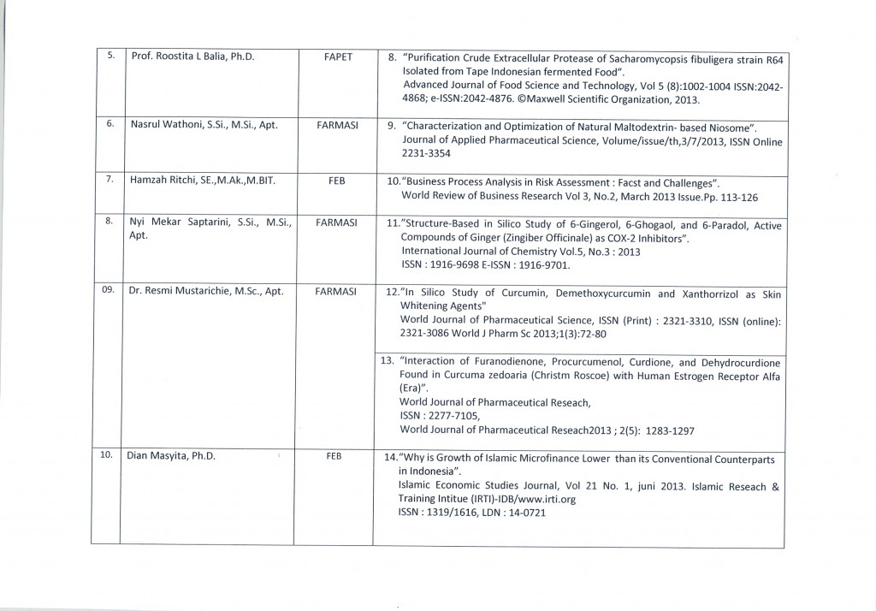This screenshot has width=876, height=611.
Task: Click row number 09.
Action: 108,290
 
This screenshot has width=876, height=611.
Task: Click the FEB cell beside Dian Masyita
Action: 334,456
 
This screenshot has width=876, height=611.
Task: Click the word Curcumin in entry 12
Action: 500,293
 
